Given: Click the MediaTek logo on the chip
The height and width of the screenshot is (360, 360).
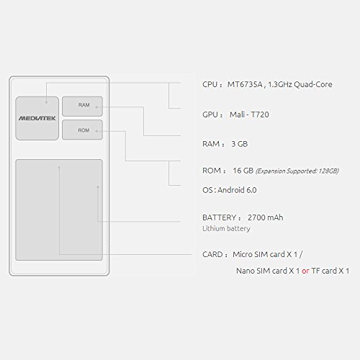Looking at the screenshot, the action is [37, 118].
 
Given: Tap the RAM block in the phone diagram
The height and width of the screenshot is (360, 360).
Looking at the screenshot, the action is [82, 107].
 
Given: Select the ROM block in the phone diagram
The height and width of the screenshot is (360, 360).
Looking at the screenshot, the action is [82, 130].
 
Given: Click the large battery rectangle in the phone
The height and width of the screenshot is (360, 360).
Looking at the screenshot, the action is [59, 210].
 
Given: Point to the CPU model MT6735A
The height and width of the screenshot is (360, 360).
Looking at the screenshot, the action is [245, 84].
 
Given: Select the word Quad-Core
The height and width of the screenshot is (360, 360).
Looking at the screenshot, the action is [313, 84].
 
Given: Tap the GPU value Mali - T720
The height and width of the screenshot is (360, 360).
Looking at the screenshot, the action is [249, 114].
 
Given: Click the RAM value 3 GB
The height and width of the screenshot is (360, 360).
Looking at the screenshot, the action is [240, 144].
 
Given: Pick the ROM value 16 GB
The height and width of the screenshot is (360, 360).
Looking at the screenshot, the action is [243, 171].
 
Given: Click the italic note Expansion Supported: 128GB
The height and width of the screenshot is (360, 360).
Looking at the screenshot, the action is [297, 171].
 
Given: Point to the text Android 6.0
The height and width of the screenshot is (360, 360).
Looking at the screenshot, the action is [237, 190].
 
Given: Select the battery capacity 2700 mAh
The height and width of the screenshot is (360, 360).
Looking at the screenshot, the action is [266, 217].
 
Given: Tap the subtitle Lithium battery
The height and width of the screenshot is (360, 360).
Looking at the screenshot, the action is [226, 228].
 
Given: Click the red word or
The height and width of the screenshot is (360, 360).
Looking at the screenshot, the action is [305, 271].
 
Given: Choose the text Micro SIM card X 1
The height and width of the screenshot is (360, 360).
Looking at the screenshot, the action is [265, 254].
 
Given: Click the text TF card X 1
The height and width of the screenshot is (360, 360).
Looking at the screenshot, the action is [330, 271].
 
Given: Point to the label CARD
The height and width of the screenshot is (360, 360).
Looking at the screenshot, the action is [212, 254].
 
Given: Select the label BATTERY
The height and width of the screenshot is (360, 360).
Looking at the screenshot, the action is [219, 217].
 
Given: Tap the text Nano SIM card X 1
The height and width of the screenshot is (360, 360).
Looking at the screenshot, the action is [268, 271].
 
